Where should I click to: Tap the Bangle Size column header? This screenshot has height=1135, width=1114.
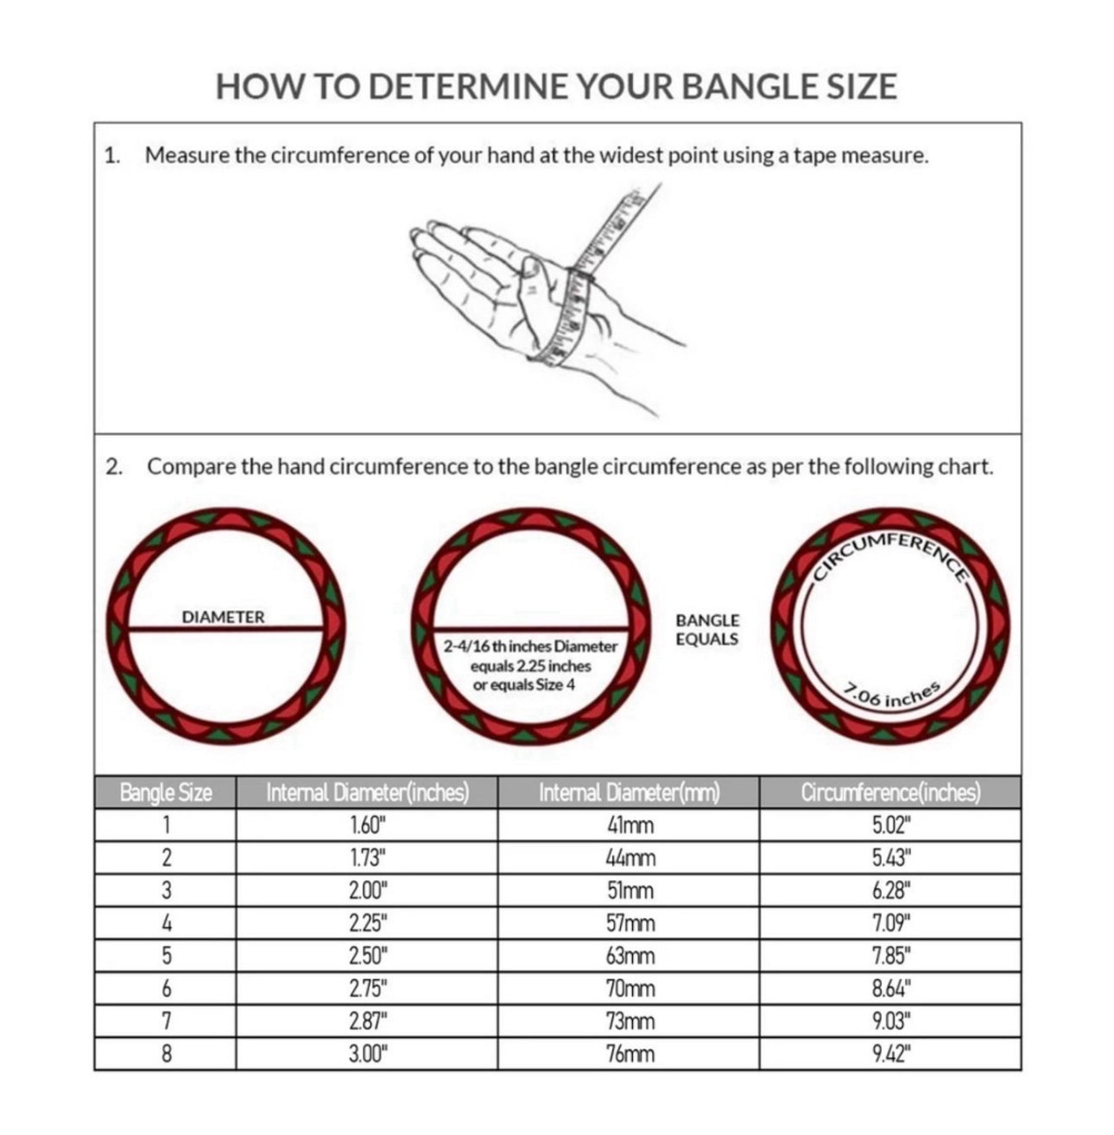pyautogui.click(x=165, y=792)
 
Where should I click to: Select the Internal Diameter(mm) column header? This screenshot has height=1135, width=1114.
pyautogui.click(x=629, y=792)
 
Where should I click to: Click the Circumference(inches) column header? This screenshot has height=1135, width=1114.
pyautogui.click(x=890, y=792)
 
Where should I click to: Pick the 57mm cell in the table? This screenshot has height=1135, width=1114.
pyautogui.click(x=630, y=924)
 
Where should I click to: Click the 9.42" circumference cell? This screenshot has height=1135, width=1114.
pyautogui.click(x=891, y=1054)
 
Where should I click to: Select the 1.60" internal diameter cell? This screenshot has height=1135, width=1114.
pyautogui.click(x=367, y=825)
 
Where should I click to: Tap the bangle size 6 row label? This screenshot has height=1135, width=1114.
pyautogui.click(x=166, y=989)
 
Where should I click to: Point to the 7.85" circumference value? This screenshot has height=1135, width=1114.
pyautogui.click(x=891, y=956)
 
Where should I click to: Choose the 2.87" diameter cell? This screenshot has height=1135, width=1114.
pyautogui.click(x=367, y=1022)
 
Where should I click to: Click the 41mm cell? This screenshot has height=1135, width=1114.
pyautogui.click(x=630, y=825)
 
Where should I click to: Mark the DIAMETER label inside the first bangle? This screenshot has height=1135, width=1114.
pyautogui.click(x=223, y=617)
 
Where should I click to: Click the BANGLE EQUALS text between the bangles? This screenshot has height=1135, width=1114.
pyautogui.click(x=706, y=630)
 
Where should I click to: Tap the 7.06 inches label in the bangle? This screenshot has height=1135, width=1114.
pyautogui.click(x=891, y=695)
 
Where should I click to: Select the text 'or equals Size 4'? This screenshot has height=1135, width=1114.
pyautogui.click(x=524, y=685)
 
